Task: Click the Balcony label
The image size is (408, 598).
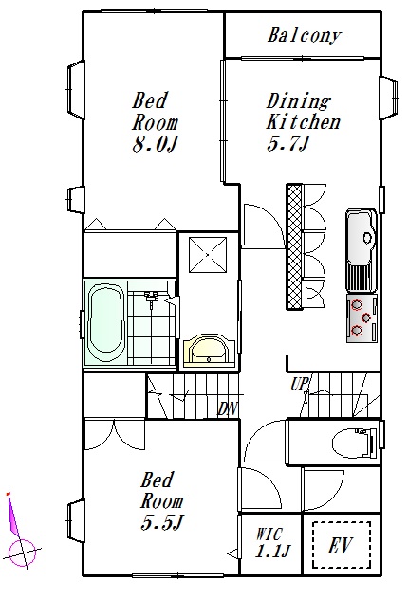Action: [304, 36]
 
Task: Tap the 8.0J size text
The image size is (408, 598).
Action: [156, 145]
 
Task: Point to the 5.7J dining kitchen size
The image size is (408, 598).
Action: [287, 144]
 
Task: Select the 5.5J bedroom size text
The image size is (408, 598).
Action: [162, 522]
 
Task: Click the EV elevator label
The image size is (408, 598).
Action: [340, 546]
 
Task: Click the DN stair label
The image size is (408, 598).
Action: [228, 408]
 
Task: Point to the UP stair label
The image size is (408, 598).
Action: [299, 384]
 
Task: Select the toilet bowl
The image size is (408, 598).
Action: [354, 443]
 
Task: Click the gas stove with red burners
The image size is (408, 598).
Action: [362, 318]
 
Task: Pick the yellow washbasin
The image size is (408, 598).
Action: [208, 351]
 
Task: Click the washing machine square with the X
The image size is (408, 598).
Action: [208, 255]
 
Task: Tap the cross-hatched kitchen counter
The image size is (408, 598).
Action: [294, 246]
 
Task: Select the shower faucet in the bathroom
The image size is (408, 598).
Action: [152, 296]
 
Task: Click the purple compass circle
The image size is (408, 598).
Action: [23, 552]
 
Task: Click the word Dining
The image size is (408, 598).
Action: [298, 102]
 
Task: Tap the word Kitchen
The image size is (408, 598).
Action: [303, 122]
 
